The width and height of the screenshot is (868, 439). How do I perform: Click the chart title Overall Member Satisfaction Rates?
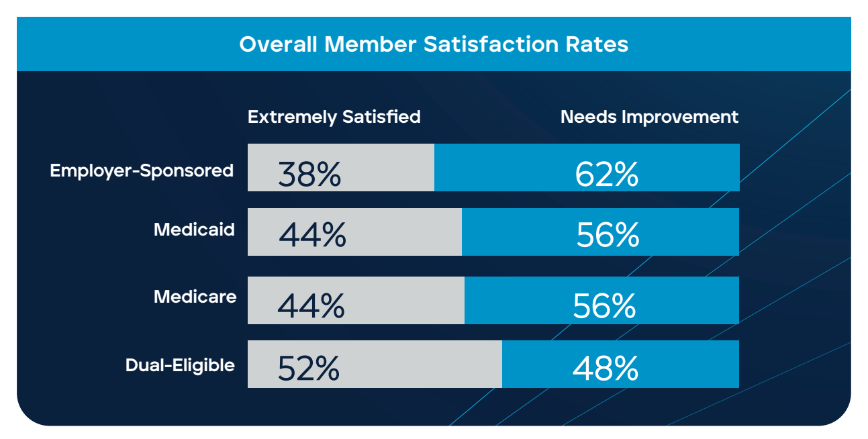(x=434, y=45)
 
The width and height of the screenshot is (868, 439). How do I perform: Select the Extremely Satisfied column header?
(x=334, y=117)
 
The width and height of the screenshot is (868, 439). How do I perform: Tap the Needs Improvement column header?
(x=649, y=117)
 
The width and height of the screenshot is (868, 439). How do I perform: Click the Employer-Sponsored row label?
(x=142, y=170)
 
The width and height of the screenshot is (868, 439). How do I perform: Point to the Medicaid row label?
(x=194, y=230)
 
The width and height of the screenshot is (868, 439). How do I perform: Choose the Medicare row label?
(x=195, y=297)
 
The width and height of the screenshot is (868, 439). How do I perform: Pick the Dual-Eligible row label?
(x=180, y=366)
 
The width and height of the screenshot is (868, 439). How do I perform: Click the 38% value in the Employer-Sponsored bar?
(x=309, y=175)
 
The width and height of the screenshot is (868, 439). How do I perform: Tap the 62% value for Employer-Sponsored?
(x=606, y=175)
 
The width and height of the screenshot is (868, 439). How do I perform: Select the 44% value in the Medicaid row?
(x=312, y=236)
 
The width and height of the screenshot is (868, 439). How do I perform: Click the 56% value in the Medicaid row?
(x=608, y=236)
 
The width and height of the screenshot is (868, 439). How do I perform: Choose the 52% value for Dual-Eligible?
(x=308, y=369)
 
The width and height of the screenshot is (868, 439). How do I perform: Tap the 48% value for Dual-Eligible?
(x=605, y=369)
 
